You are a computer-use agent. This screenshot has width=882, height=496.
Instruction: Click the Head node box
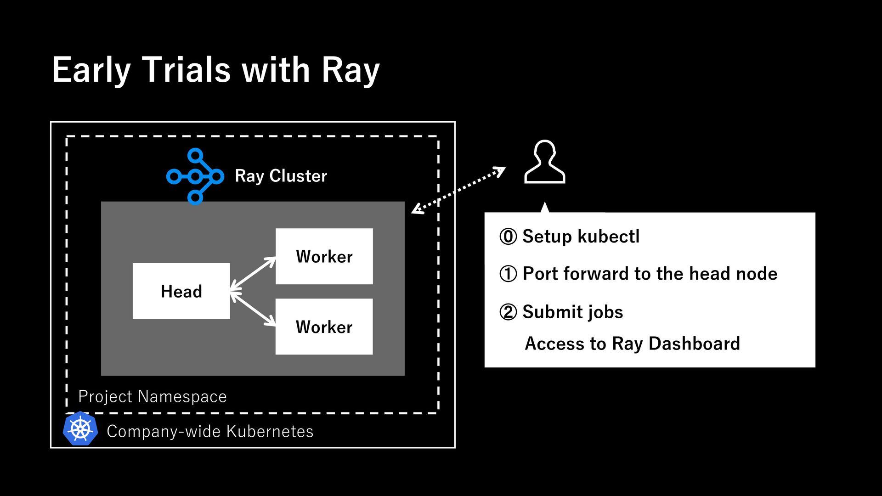(x=181, y=291)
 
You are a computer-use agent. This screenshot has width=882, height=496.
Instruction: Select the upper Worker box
(x=324, y=256)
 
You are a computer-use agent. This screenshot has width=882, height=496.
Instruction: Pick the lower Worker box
(x=324, y=327)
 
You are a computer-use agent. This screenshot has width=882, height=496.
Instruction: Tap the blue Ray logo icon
(x=195, y=176)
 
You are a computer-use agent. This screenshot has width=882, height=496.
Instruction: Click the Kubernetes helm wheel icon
(x=80, y=428)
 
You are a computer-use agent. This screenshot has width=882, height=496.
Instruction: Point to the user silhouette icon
(x=545, y=162)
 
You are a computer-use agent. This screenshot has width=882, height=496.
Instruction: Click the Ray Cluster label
(x=281, y=176)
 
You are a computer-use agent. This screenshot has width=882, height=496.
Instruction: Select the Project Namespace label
(x=153, y=396)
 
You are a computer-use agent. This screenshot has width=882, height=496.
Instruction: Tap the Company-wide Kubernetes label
(x=210, y=431)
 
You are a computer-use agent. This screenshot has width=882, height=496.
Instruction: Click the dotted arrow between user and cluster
(x=458, y=190)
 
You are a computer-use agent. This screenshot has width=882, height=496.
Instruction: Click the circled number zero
(x=508, y=237)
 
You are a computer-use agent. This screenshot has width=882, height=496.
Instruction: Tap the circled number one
(x=508, y=274)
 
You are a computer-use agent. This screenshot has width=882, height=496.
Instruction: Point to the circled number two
(x=508, y=312)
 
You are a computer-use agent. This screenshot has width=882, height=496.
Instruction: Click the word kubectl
(x=608, y=237)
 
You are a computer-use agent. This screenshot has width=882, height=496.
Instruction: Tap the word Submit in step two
(x=548, y=312)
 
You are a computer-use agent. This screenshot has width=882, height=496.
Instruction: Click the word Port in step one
(x=540, y=274)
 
